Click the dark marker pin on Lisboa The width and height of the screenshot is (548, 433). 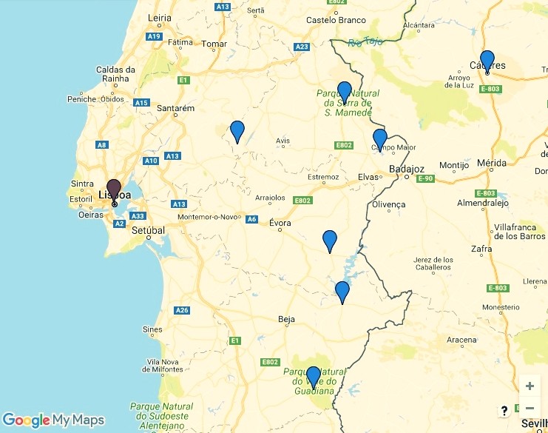click(x=114, y=189)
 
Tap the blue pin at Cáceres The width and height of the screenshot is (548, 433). click(x=487, y=59)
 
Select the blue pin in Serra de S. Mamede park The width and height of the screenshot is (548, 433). click(x=344, y=90)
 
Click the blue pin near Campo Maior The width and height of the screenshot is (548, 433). click(x=379, y=138)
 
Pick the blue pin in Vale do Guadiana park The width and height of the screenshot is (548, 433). click(x=314, y=375)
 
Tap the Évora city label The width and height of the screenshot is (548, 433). click(x=280, y=223)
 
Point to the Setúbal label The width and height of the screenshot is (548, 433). click(x=148, y=230)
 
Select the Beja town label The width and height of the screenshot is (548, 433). click(x=286, y=320)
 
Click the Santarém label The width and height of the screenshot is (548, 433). click(x=175, y=109)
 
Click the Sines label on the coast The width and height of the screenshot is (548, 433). click(x=152, y=329)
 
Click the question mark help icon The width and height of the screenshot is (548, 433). click(x=504, y=411)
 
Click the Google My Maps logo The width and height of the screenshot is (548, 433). click(x=53, y=420)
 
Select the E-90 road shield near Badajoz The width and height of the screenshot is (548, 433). click(x=425, y=179)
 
